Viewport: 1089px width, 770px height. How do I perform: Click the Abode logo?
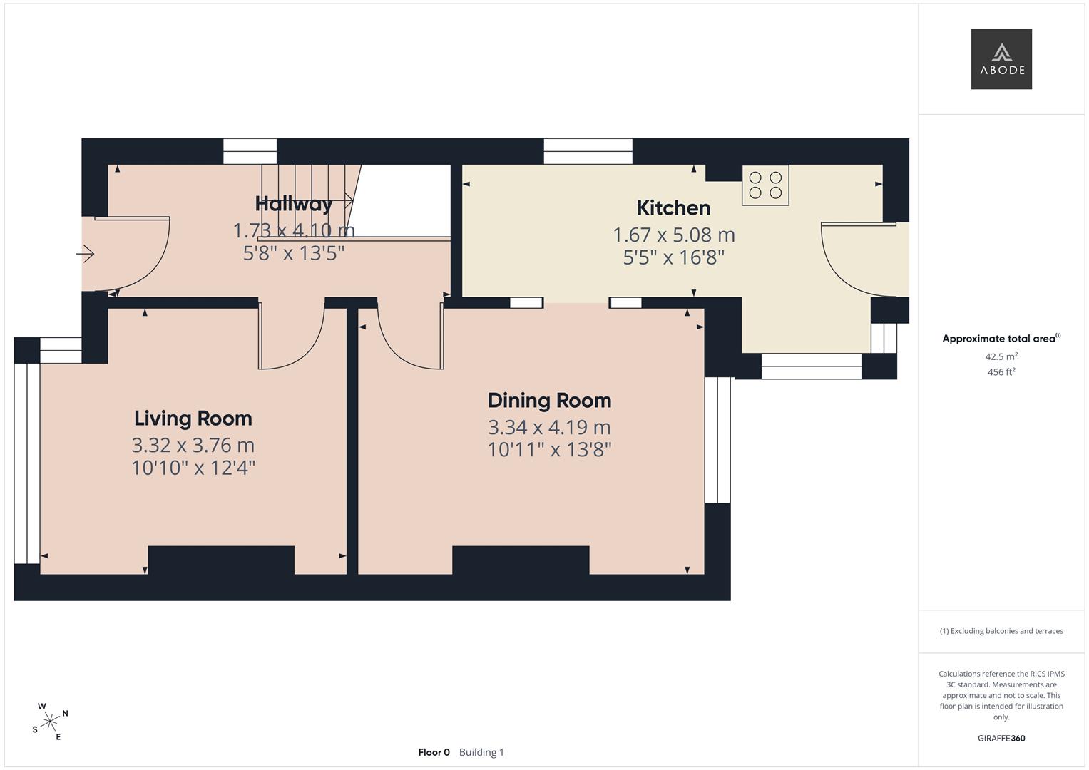[1001, 58]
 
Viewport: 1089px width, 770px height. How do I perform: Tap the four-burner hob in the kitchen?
[765, 185]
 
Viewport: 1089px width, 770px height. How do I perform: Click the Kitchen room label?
[674, 208]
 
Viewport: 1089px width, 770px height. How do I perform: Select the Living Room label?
[193, 419]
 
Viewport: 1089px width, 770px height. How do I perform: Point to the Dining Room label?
[549, 401]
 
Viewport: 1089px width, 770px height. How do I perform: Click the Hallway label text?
[294, 204]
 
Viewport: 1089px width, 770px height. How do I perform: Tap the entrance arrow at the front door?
[85, 254]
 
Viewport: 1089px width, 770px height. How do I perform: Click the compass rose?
[50, 722]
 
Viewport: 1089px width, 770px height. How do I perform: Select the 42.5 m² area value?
[1001, 356]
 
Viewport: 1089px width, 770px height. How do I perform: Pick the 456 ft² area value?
[1001, 372]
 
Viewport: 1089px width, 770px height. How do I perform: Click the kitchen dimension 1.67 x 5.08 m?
[674, 235]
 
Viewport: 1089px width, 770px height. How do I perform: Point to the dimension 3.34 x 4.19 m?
[549, 428]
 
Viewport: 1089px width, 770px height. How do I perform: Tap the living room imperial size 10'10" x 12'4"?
[193, 468]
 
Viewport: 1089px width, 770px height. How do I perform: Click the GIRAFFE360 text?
[1001, 739]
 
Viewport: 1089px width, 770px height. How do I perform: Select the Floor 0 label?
[434, 752]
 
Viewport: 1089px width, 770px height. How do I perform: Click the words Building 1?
[481, 752]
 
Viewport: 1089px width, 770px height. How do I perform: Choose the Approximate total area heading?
[1001, 339]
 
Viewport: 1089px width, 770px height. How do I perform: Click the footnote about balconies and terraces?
[1001, 631]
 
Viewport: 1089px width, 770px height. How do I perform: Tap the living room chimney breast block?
[221, 560]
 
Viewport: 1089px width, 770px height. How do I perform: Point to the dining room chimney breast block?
[521, 560]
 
